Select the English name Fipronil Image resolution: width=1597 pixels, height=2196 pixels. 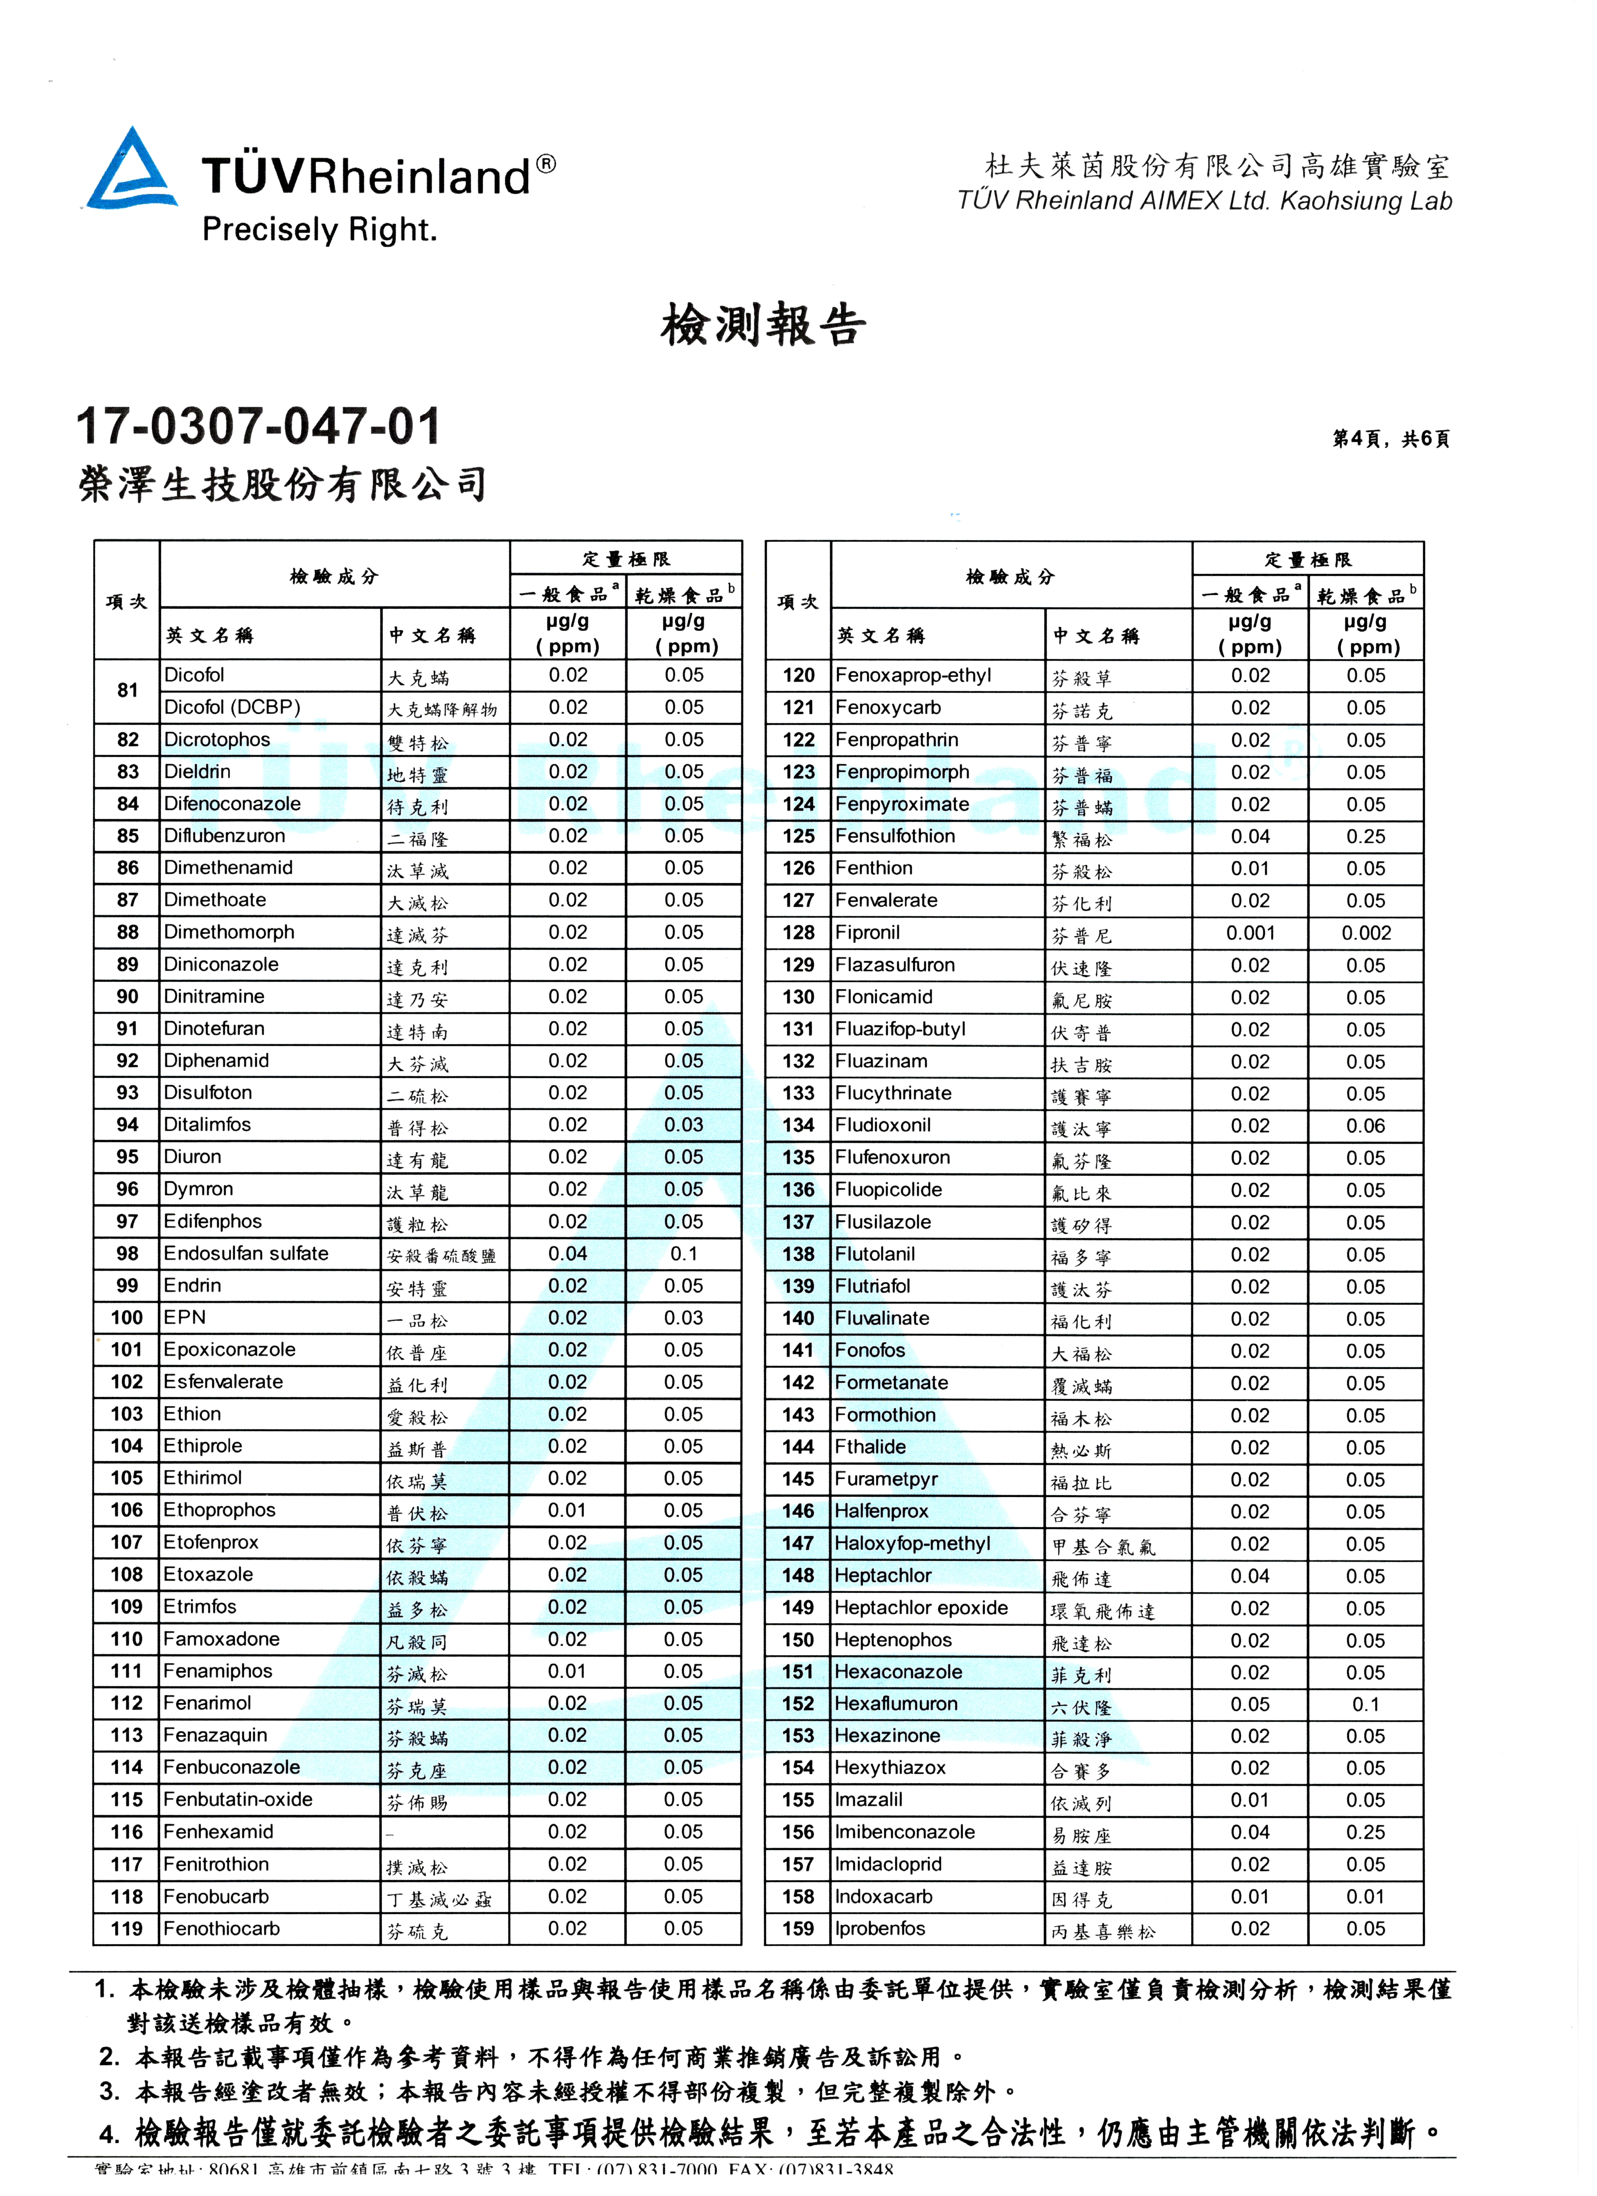868,933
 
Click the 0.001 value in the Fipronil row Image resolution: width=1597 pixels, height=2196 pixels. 1250,933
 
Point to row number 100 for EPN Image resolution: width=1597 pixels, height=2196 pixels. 127,1318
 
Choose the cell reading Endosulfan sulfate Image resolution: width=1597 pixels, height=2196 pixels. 246,1254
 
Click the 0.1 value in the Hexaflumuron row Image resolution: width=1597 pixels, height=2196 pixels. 1366,1704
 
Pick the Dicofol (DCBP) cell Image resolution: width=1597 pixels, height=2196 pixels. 232,708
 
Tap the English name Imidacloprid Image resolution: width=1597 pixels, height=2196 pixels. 888,1865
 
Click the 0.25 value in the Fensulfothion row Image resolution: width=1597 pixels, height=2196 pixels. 1366,837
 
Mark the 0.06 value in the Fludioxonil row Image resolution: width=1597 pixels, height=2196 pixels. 1366,1126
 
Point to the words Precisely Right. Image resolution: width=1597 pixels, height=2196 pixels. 320,230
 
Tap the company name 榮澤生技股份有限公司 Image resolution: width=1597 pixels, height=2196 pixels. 283,484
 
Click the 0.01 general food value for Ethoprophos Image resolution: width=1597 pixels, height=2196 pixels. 567,1510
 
